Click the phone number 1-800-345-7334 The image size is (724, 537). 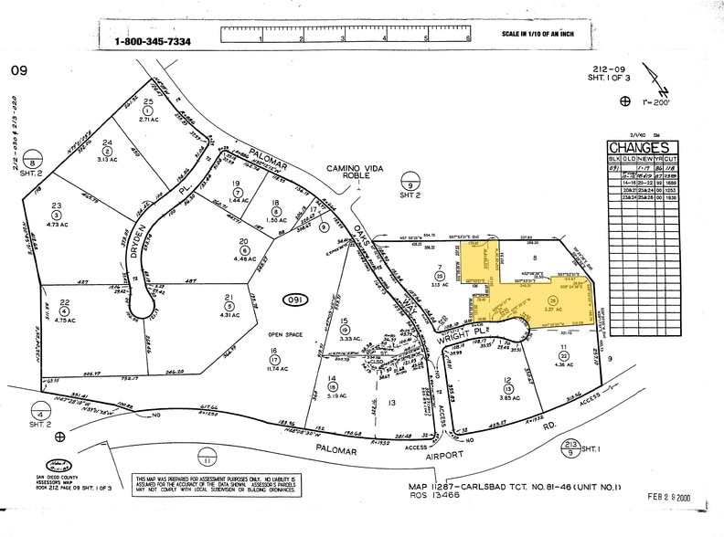tap(152, 41)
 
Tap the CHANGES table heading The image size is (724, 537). tap(639, 148)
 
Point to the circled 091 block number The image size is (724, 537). tap(295, 300)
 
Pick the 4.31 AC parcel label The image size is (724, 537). tap(229, 314)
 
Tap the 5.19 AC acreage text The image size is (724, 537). tap(334, 395)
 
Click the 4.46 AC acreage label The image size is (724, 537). tap(245, 257)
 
